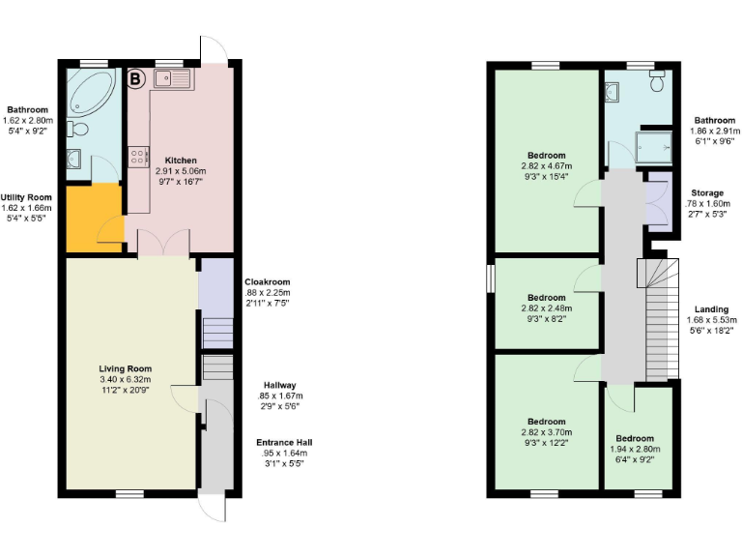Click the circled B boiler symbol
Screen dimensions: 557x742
[x=136, y=78]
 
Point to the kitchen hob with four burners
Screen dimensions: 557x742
[x=137, y=155]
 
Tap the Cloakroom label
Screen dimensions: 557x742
[x=267, y=281]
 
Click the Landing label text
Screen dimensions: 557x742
[x=711, y=309]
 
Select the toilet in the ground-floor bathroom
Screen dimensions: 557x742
[x=79, y=129]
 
